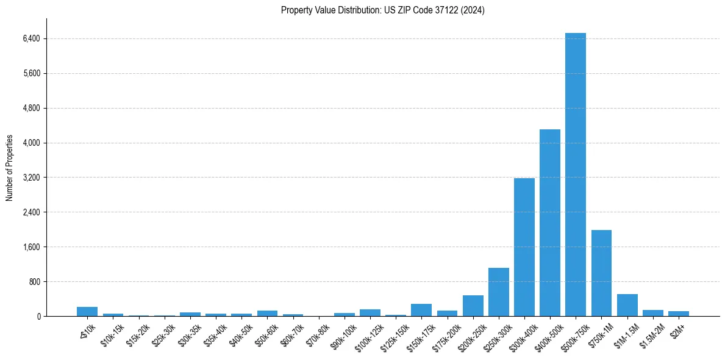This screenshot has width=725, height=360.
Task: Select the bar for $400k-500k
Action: pyautogui.click(x=549, y=223)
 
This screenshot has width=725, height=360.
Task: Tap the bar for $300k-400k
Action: pyautogui.click(x=524, y=247)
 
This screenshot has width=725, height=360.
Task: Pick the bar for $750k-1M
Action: pyautogui.click(x=601, y=273)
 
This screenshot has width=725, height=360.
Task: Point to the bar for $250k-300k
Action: pyautogui.click(x=498, y=292)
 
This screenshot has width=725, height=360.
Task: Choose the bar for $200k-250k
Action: pyautogui.click(x=473, y=306)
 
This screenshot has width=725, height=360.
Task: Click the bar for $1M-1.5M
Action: pyautogui.click(x=627, y=305)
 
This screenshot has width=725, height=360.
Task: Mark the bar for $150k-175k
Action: pyautogui.click(x=421, y=310)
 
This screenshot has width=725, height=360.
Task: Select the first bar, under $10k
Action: pyautogui.click(x=87, y=312)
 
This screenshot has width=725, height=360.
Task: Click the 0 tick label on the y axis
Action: pyautogui.click(x=38, y=317)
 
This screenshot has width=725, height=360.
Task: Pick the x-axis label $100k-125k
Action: pyautogui.click(x=368, y=336)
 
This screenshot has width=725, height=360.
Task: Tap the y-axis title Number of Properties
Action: pyautogui.click(x=10, y=168)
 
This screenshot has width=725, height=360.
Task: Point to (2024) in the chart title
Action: pyautogui.click(x=474, y=10)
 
